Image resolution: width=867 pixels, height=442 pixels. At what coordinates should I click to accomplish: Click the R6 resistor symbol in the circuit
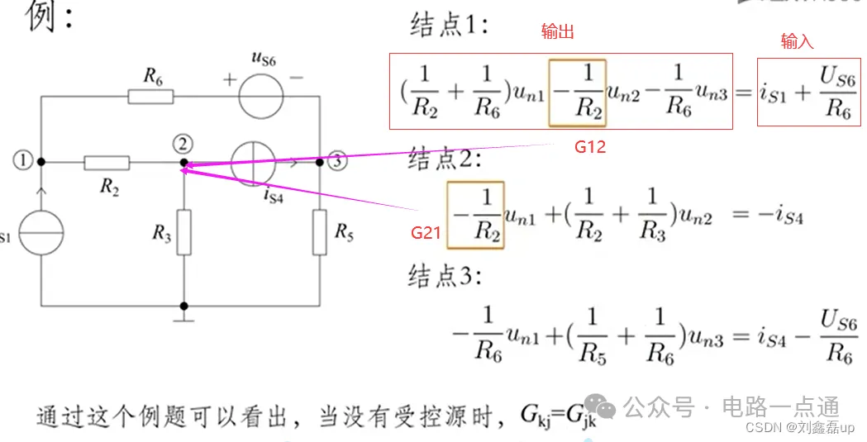tap(150, 97)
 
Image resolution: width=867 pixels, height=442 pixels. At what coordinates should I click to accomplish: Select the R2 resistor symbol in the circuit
tap(107, 163)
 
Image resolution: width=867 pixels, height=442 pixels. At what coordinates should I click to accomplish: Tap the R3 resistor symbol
tap(184, 233)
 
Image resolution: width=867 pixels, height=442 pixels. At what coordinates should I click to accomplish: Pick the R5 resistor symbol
tap(320, 233)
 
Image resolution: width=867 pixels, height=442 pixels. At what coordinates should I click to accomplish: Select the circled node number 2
tap(184, 143)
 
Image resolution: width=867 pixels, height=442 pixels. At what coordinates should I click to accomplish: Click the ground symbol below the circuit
tap(184, 315)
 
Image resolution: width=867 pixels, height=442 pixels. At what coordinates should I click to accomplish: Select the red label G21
tap(427, 234)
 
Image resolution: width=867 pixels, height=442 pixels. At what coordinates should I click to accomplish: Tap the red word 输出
tap(557, 32)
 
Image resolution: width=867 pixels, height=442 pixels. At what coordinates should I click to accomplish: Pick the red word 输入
tap(797, 41)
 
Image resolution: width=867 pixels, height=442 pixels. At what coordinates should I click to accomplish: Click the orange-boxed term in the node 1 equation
tap(577, 93)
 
